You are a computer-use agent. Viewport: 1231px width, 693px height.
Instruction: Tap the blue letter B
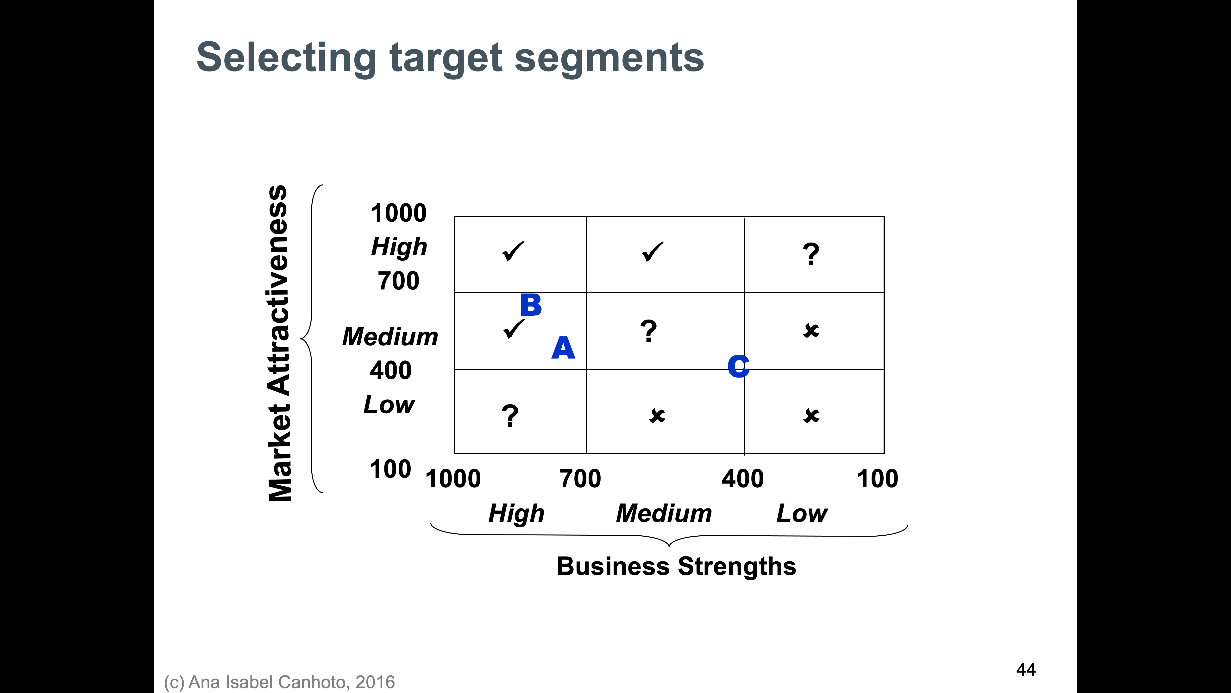click(531, 305)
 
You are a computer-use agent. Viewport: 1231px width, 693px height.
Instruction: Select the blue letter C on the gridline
click(738, 366)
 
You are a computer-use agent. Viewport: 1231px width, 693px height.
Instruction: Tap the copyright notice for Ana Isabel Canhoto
click(280, 682)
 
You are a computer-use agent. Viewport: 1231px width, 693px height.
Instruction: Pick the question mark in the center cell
click(648, 331)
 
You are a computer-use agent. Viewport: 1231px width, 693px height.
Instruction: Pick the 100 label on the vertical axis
click(390, 469)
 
